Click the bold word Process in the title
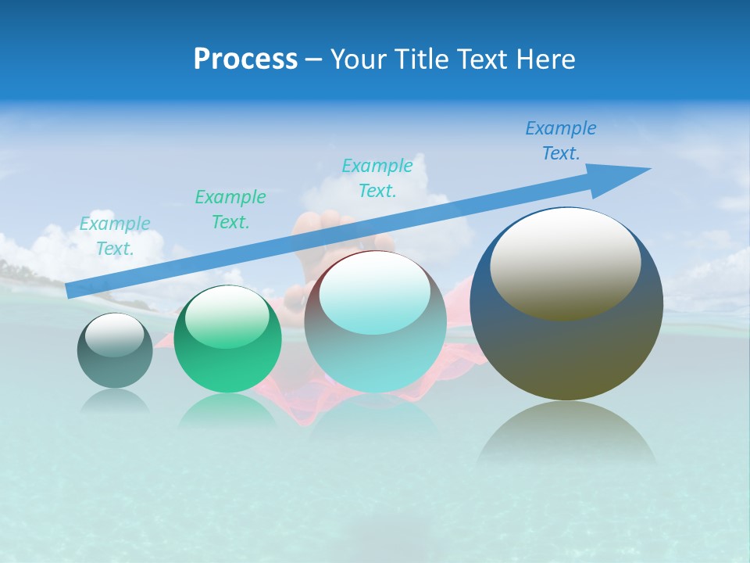point(245,59)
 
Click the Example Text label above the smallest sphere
point(115,236)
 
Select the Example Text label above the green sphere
point(230,210)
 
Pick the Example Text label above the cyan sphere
point(377,178)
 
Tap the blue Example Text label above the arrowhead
point(561,141)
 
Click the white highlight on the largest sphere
point(565,262)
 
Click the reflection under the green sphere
point(227,411)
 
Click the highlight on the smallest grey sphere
point(114,334)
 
